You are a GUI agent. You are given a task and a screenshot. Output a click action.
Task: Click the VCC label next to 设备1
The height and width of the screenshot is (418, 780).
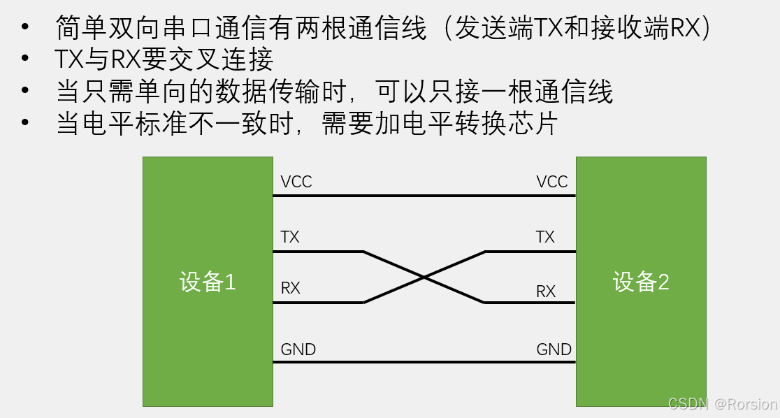(296, 182)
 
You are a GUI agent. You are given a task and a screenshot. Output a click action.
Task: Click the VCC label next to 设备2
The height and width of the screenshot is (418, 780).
(552, 182)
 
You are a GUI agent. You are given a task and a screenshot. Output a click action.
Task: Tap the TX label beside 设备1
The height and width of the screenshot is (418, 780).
(289, 237)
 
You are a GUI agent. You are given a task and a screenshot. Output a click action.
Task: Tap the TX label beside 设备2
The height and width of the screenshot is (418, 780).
(545, 237)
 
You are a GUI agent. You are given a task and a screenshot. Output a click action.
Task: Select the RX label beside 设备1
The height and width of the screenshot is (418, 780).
(290, 287)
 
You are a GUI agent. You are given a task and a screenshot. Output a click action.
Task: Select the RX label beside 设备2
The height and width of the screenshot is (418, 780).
(546, 291)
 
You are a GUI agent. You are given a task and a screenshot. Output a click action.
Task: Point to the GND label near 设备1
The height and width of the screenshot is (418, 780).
(298, 349)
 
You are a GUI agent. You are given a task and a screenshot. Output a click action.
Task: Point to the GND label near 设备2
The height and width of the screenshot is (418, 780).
(554, 349)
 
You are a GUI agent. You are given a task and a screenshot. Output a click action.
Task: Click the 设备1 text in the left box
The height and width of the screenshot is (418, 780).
(208, 282)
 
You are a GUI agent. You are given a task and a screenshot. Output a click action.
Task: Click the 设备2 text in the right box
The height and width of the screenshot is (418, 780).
(641, 282)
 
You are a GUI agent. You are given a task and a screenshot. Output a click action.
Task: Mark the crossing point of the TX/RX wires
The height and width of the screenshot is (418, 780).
(424, 277)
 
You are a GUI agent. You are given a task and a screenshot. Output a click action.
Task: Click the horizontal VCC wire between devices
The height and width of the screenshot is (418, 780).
(424, 196)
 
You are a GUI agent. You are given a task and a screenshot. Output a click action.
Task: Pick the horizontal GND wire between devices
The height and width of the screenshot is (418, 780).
(424, 362)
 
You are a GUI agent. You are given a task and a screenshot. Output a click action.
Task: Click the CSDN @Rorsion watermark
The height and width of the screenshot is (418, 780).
(722, 404)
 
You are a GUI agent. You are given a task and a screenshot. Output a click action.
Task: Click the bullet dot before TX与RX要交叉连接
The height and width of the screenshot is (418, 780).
(26, 61)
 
